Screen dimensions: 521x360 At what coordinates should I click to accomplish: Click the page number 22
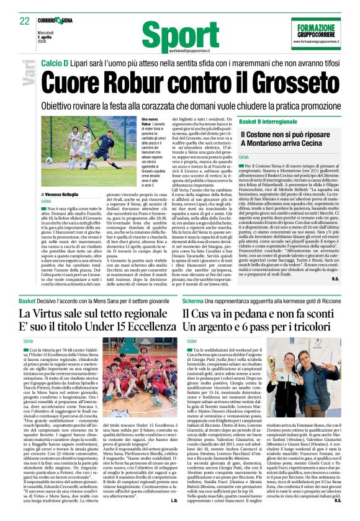pos(25,20)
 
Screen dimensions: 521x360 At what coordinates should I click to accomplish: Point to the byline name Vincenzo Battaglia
pos(66,195)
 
